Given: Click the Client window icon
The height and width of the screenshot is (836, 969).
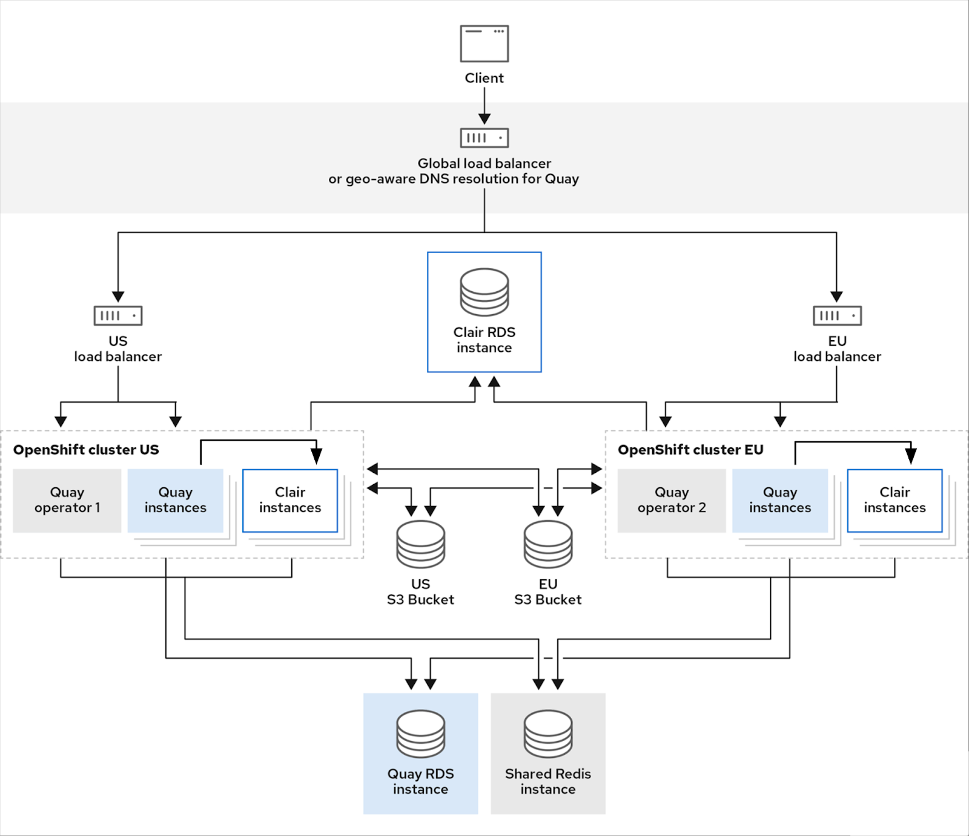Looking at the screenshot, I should coord(484,44).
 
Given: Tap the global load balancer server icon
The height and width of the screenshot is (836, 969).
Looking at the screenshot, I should coord(484,138).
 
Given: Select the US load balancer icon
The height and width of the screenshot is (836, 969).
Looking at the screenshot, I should coord(118,315).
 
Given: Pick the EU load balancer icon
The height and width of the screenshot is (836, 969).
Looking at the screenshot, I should coord(837,315).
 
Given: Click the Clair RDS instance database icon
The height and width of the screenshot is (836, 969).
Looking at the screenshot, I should coord(484,292).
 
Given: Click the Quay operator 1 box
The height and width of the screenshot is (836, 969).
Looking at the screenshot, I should coord(67,500).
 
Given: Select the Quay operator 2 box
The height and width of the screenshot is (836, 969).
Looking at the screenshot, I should coord(672,500).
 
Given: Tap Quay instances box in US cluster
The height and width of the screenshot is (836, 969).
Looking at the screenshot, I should coord(175,500).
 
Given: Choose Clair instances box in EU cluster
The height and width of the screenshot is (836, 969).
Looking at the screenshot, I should coord(895,500).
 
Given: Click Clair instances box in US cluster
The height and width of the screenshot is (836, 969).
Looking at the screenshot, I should coord(290,500).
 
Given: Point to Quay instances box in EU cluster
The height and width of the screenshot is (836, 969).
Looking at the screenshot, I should coord(780,500).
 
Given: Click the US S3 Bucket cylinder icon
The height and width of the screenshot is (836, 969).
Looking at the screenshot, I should coord(420,544).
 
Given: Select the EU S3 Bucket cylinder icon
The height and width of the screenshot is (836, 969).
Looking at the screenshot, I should coord(548,544).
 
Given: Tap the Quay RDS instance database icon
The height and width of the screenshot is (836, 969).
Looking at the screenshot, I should coord(420,734).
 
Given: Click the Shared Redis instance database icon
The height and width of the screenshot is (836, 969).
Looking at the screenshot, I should coord(548,734).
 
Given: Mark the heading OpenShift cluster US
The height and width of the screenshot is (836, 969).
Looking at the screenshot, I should coord(86,450).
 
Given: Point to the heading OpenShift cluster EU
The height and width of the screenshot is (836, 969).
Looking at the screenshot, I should coord(690,450).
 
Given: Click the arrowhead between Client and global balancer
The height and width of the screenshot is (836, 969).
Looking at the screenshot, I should coord(484,118).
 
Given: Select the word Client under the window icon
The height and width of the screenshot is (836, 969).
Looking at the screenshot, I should coord(484,78).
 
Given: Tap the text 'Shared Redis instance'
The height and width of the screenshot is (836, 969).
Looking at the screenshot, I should coord(548,782).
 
